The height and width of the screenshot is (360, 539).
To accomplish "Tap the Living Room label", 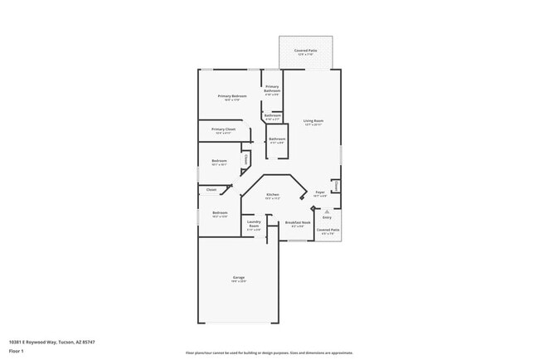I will (313, 121).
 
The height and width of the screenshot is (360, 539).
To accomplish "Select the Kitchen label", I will (272, 194).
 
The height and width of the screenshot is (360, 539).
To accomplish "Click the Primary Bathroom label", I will (272, 89).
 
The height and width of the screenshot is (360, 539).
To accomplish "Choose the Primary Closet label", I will (223, 129).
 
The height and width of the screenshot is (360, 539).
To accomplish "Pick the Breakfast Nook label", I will (298, 222).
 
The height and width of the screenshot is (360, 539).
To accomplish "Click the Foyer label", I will (320, 192).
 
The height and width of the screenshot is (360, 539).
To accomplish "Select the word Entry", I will (327, 217).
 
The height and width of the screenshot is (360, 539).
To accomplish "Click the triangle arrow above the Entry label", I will (327, 211).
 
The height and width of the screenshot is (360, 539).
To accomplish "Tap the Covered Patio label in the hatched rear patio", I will (304, 51).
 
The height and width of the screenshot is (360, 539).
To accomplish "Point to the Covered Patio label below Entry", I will (328, 230).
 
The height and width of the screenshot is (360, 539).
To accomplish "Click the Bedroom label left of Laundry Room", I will (220, 213).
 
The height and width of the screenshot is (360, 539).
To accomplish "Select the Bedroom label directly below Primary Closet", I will (219, 160).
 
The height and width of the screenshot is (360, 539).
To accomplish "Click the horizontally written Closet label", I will (211, 190).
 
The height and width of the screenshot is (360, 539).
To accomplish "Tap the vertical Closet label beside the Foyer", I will (335, 186).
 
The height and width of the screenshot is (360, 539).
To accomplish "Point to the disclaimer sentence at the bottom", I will (269, 353).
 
